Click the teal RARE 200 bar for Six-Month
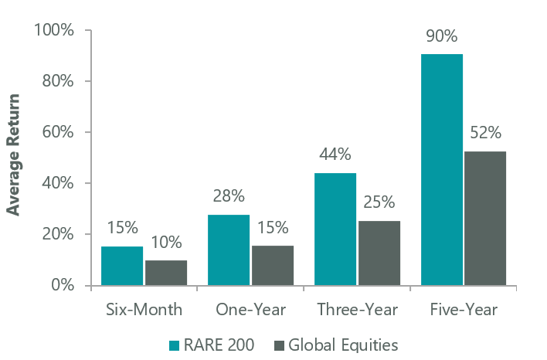(122, 266)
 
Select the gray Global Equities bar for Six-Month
(166, 273)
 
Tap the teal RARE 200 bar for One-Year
(229, 250)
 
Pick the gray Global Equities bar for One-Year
(273, 266)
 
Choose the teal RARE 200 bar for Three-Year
(335, 229)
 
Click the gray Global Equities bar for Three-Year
(379, 253)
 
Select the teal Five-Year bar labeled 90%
(442, 170)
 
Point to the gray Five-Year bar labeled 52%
(485, 219)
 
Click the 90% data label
(442, 36)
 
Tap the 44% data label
(335, 155)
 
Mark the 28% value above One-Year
(229, 196)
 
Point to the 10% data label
(166, 242)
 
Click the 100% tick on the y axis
(54, 30)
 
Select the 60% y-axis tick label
(58, 132)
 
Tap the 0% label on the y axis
(63, 285)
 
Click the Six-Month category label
(144, 310)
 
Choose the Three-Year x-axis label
(357, 310)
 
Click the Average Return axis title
(13, 155)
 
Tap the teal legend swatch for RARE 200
(174, 345)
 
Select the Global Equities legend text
(343, 345)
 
